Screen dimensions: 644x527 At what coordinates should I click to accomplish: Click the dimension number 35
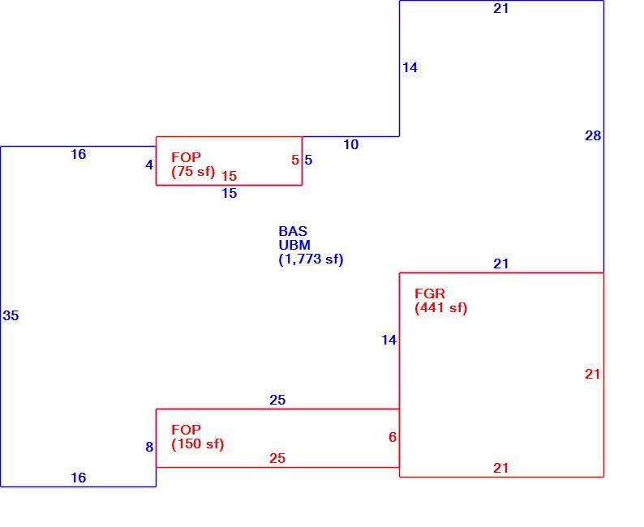point(11,315)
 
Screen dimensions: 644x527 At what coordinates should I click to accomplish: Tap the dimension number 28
point(593,135)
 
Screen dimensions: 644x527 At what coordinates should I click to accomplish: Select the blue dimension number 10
point(350,144)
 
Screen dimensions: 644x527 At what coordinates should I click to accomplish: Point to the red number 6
point(393,437)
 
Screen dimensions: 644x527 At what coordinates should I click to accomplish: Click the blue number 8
point(149,447)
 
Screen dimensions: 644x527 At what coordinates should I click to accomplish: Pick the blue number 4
point(149,165)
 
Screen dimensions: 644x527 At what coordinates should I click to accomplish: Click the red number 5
point(295,160)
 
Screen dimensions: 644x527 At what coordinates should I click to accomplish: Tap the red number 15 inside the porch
point(230,176)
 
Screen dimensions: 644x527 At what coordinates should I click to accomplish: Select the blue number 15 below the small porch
point(230,193)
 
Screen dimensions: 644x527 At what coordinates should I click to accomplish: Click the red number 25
point(277,458)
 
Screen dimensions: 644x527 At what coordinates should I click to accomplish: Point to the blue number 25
point(277,400)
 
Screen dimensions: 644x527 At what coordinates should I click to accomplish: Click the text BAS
point(293,231)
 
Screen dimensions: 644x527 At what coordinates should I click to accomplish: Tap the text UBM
point(294,245)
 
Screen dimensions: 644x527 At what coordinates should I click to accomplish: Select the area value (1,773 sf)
point(311,259)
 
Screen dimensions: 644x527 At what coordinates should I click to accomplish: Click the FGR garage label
point(430,293)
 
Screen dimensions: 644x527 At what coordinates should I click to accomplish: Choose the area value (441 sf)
point(441,308)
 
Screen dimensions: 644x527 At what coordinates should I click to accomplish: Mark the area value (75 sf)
point(194,172)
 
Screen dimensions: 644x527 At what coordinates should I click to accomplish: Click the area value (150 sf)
point(198,444)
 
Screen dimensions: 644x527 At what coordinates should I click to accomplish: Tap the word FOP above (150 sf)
point(186,430)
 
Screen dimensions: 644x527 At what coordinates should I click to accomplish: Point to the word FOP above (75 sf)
point(186,157)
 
